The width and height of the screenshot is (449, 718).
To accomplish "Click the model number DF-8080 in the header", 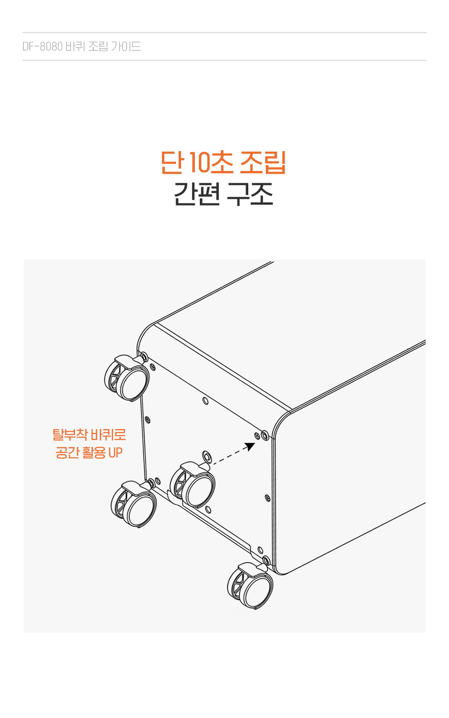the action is click(42, 47).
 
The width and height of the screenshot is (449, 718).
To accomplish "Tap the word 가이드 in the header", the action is click(126, 47).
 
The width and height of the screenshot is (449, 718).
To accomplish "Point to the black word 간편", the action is click(197, 193).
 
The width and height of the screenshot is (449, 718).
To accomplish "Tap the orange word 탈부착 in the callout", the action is click(70, 435).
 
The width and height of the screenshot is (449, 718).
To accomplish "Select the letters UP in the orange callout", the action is click(115, 453).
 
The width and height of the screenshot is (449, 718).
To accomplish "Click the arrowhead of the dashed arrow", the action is click(250, 446).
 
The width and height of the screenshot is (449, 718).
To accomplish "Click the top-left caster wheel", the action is click(127, 377).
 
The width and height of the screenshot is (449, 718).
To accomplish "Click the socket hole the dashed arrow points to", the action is click(264, 435).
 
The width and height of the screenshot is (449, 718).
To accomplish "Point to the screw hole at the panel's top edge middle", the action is click(206, 401).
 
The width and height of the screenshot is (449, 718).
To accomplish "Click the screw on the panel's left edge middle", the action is click(148, 420).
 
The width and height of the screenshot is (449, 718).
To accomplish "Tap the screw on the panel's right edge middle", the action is click(268, 498).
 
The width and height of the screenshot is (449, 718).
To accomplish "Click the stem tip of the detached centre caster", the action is click(207, 456).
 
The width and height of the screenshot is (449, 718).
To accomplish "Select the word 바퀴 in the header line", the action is click(75, 47).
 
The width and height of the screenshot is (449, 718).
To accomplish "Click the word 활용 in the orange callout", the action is click(94, 453).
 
